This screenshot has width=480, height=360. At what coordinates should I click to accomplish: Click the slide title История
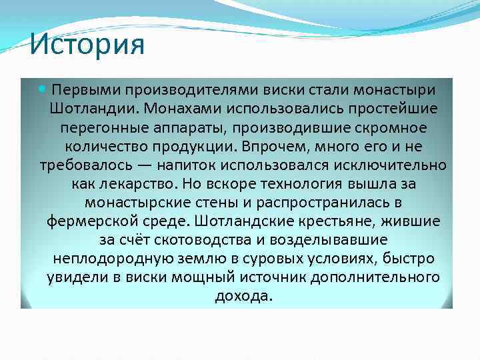[x=87, y=45]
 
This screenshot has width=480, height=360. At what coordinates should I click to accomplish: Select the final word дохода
[x=243, y=295]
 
